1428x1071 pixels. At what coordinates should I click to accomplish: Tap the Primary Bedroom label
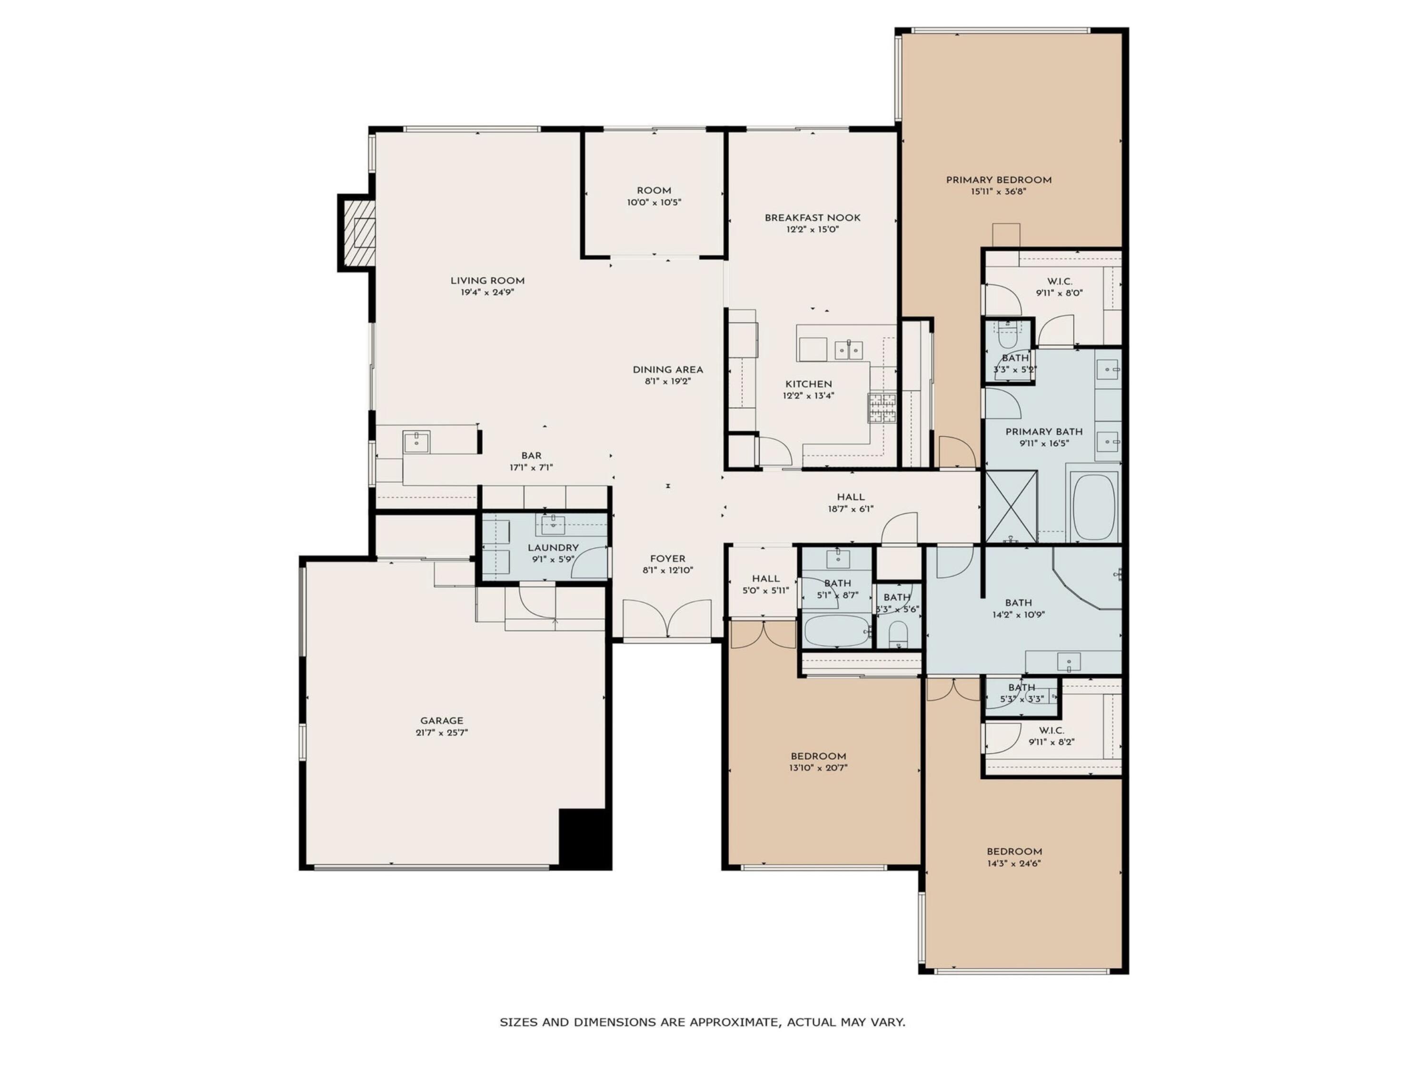(998, 180)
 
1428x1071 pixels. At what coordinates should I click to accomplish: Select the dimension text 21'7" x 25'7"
(442, 733)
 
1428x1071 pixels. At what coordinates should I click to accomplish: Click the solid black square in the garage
(584, 837)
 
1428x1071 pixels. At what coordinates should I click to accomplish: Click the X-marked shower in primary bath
(1011, 507)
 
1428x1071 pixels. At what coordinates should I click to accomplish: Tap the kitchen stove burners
(882, 408)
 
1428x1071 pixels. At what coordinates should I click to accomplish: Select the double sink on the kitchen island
(848, 350)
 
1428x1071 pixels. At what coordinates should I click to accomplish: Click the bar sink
(416, 442)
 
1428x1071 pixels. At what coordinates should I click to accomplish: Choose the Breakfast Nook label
(812, 218)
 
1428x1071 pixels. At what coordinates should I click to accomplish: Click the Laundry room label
(553, 547)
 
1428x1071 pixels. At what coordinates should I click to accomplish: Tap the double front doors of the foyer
(667, 618)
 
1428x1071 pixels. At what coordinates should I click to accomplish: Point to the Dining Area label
(667, 370)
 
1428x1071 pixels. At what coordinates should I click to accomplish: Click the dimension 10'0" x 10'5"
(654, 203)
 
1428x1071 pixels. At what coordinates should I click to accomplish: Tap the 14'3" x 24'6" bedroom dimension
(1013, 863)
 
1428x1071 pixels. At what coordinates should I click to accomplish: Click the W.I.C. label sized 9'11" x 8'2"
(1051, 730)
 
